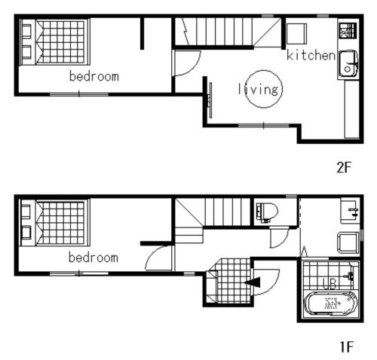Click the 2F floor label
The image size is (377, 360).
click(344, 167)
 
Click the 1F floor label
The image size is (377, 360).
click(347, 347)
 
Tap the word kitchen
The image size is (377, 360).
click(311, 55)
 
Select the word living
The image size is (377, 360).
click(259, 89)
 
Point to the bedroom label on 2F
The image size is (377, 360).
click(94, 76)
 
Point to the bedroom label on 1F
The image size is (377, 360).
click(93, 258)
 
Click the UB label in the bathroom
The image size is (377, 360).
click(329, 284)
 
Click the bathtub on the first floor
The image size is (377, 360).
click(331, 303)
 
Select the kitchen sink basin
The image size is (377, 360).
click(348, 64)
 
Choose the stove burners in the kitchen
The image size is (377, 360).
click(348, 31)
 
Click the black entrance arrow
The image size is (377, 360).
click(253, 282)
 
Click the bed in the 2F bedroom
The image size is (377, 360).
click(55, 42)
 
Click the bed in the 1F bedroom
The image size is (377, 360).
click(55, 222)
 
